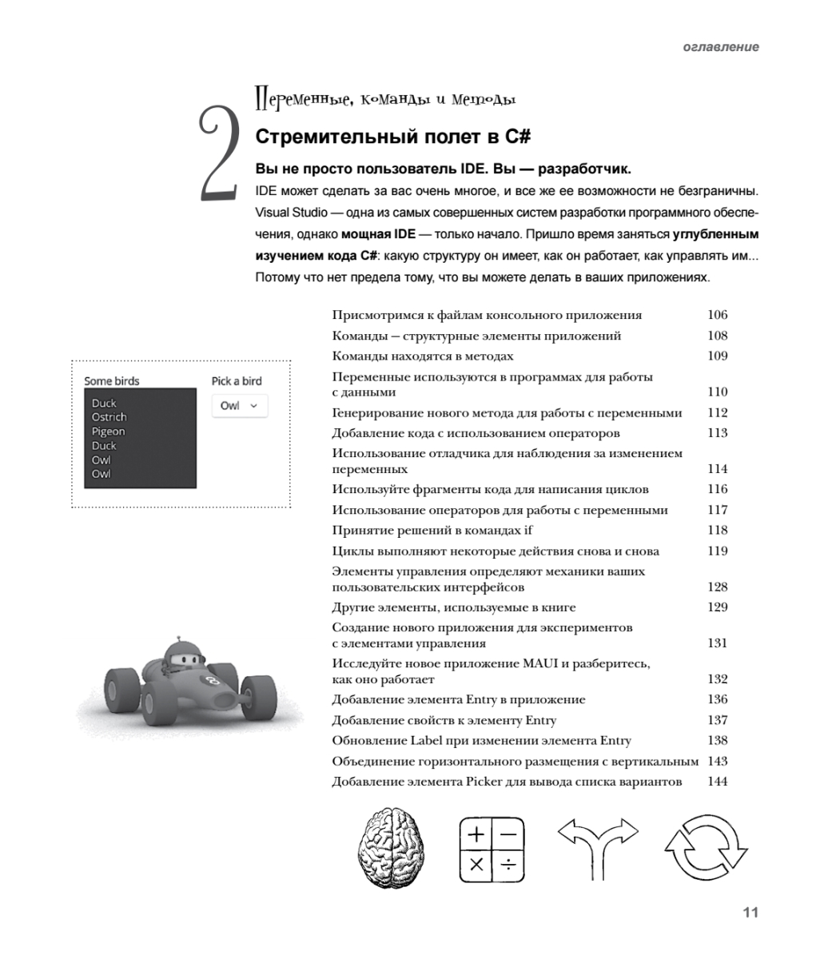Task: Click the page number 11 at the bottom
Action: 750,913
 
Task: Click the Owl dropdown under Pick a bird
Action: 239,405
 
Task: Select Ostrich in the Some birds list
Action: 109,417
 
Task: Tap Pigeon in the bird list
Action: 108,432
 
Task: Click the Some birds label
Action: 111,381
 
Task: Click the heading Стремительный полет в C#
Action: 392,137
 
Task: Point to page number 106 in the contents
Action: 717,315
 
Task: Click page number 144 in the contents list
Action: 717,781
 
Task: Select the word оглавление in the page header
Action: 721,47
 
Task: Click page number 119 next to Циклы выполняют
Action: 717,551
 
